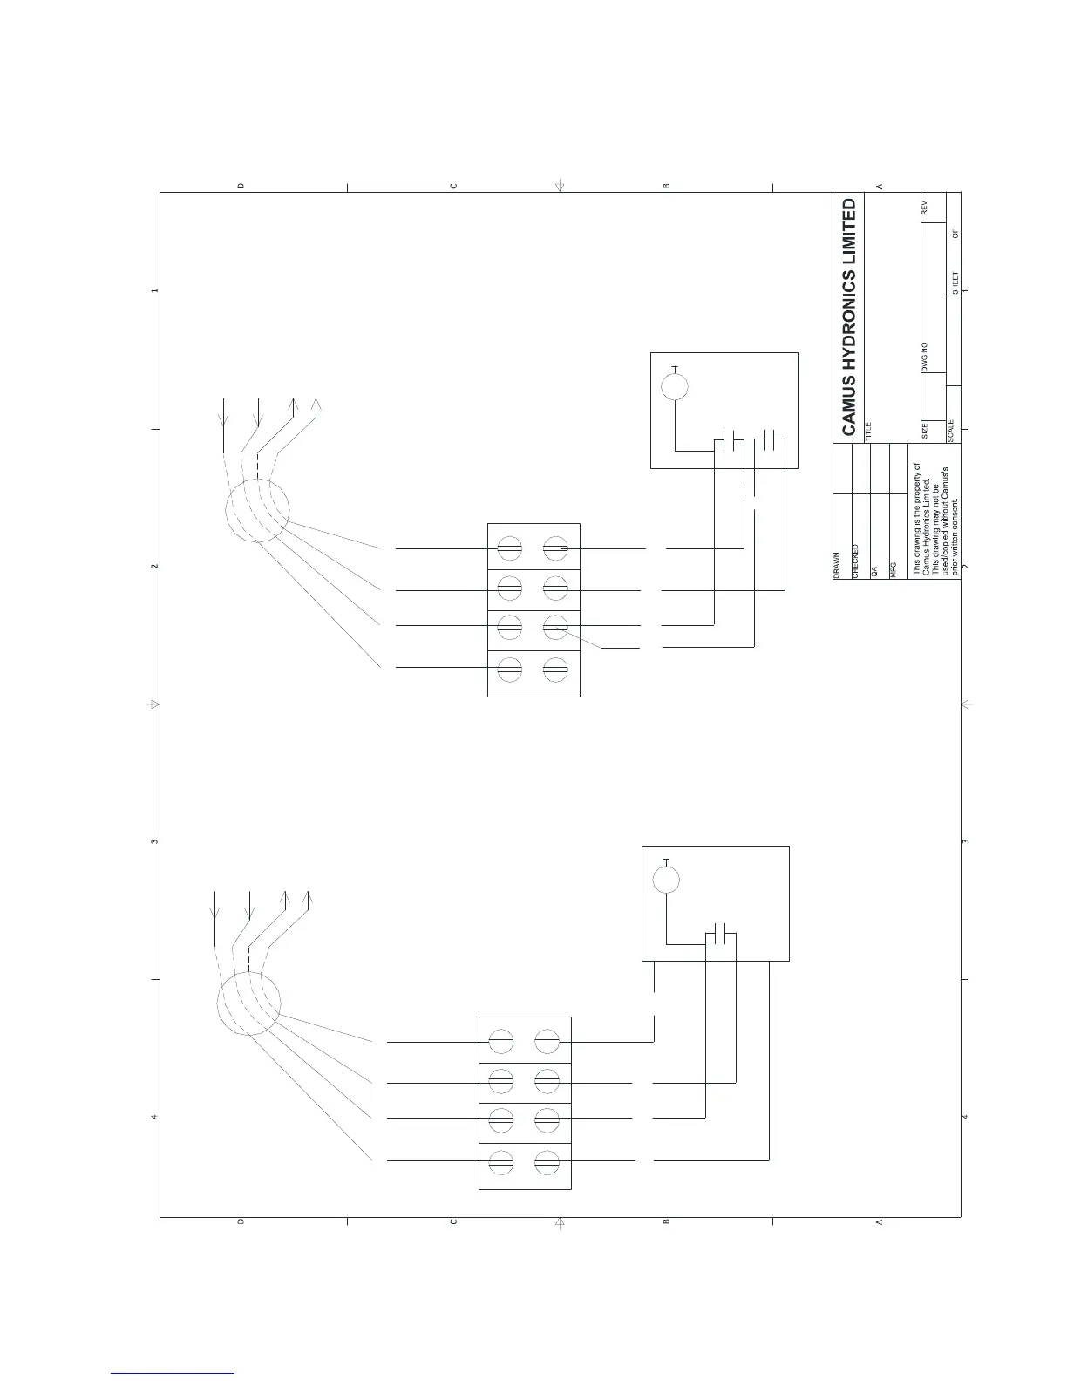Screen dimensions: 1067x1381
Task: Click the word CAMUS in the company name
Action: point(849,408)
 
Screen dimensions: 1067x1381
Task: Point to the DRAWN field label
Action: point(835,566)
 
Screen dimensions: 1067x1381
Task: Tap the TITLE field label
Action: point(868,429)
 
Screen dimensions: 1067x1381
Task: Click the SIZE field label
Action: point(926,429)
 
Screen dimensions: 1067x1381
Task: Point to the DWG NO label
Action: point(926,357)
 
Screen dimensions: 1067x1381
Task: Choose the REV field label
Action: point(926,207)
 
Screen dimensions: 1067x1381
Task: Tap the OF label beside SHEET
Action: point(955,234)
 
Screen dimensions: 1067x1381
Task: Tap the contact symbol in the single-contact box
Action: point(720,934)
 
